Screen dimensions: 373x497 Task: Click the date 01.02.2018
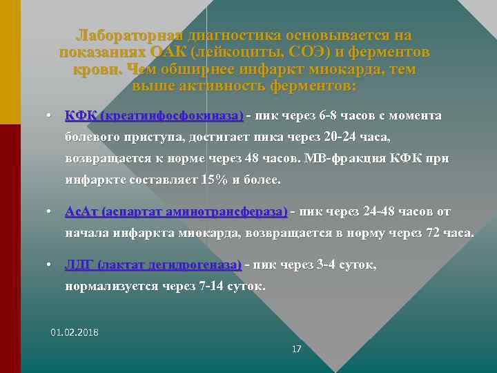(x=75, y=332)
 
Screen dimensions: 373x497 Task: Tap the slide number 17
(x=296, y=350)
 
